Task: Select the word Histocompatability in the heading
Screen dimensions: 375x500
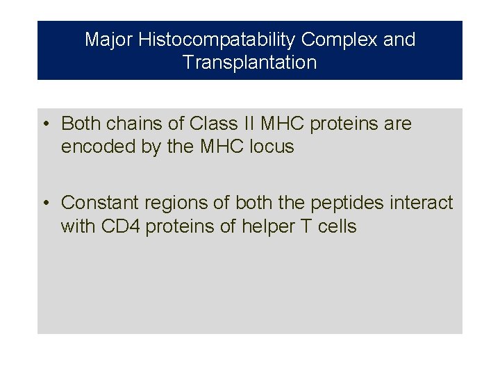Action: click(217, 40)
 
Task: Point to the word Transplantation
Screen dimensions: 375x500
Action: click(250, 62)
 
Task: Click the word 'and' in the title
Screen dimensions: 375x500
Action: click(399, 40)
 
